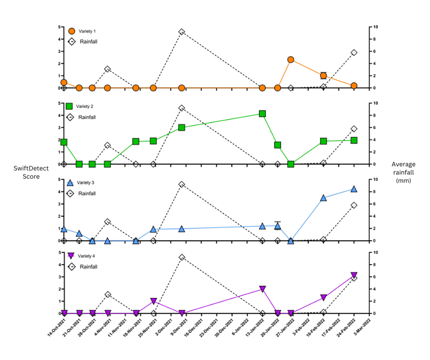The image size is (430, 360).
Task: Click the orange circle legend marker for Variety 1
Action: [72, 31]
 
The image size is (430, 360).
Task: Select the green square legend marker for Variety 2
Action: [69, 106]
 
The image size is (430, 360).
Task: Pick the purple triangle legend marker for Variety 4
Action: [72, 256]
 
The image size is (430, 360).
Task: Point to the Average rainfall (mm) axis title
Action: [404, 172]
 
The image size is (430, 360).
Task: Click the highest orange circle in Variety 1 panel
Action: [290, 60]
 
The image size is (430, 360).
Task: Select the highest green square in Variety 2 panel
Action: [262, 114]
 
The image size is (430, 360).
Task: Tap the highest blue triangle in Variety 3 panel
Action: [354, 189]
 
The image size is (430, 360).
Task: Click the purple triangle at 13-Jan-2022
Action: [262, 289]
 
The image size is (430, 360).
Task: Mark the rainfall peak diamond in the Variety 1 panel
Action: [182, 32]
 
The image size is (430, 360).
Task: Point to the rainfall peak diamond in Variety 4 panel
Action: [182, 257]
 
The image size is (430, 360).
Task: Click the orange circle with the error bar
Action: [323, 75]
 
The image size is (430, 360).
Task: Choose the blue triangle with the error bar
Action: [278, 226]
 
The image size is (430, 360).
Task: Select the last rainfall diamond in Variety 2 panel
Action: [354, 129]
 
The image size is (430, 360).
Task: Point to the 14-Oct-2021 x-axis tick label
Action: [56, 330]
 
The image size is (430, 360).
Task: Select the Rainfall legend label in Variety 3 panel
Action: [87, 193]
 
